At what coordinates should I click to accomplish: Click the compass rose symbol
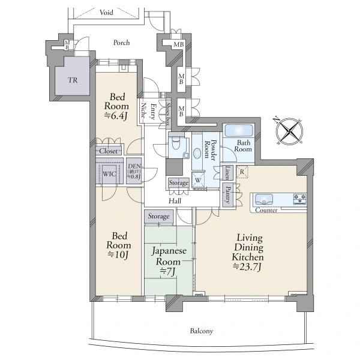[289, 131]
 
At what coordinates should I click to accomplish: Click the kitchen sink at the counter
[264, 199]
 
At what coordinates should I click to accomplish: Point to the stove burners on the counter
[300, 199]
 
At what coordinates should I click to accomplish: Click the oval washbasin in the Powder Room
[197, 154]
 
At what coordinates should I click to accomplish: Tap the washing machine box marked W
[198, 180]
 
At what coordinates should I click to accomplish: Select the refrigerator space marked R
[242, 172]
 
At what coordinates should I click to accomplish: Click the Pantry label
[228, 194]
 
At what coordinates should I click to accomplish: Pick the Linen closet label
[227, 172]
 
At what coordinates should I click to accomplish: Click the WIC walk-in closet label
[109, 174]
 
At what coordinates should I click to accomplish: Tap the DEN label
[134, 166]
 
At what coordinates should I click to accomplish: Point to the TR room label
[73, 80]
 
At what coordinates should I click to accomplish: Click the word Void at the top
[106, 12]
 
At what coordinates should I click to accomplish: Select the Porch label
[121, 43]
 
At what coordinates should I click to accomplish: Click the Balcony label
[202, 331]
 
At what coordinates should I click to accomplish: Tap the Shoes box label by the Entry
[168, 114]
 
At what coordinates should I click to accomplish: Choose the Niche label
[144, 110]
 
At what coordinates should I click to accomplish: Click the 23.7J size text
[247, 267]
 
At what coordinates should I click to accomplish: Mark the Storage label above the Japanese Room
[158, 216]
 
